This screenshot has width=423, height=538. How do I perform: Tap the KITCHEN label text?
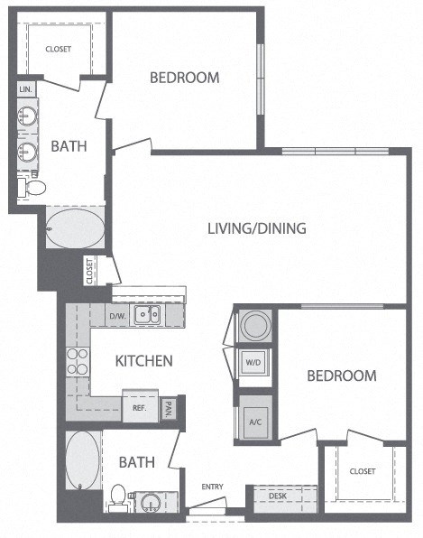coord(143,361)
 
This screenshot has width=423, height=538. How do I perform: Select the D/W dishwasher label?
coord(117,316)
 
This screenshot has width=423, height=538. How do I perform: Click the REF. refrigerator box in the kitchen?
coord(140,407)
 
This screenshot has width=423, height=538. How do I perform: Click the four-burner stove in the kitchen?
coord(77,361)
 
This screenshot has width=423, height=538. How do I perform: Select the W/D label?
coord(253,364)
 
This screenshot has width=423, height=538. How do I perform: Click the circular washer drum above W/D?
coord(253,326)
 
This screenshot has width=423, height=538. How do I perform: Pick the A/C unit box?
coord(253,421)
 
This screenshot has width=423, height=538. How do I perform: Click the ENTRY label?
coord(212,487)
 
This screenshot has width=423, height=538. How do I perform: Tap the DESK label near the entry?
coord(277,496)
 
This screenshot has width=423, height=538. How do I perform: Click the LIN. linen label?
coord(25,90)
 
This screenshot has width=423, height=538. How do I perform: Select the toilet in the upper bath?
coord(34,188)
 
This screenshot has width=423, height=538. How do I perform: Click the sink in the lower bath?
coord(147,500)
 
